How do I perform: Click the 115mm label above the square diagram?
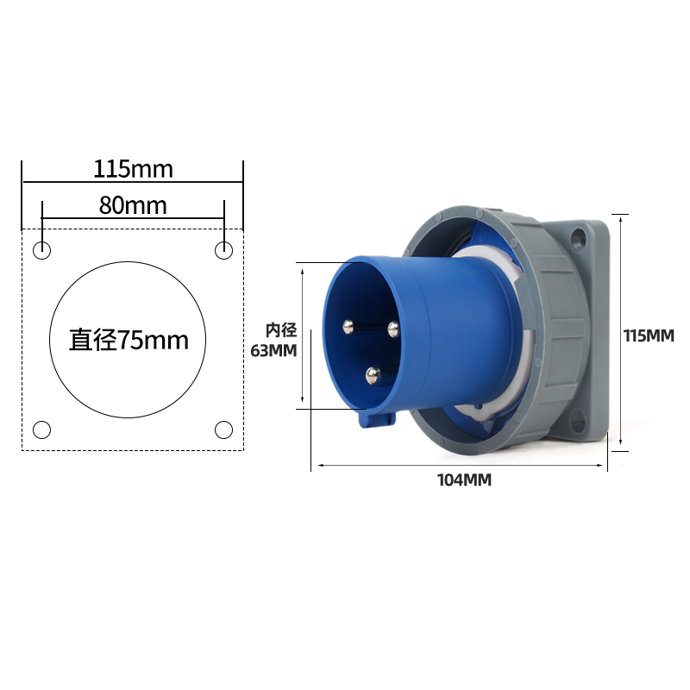133,169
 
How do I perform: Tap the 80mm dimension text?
133,205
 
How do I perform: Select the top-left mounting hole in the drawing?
42,251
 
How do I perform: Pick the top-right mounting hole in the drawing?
223,251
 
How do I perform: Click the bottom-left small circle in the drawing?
42,429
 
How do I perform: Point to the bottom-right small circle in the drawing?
223,429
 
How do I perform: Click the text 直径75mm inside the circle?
129,340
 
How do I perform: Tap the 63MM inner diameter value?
273,351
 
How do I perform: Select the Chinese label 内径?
280,329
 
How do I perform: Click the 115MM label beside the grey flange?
649,336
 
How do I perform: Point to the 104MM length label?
464,480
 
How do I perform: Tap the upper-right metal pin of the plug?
393,327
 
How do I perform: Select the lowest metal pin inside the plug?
373,374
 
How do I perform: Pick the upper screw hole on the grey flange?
578,237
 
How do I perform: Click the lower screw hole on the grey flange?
578,422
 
